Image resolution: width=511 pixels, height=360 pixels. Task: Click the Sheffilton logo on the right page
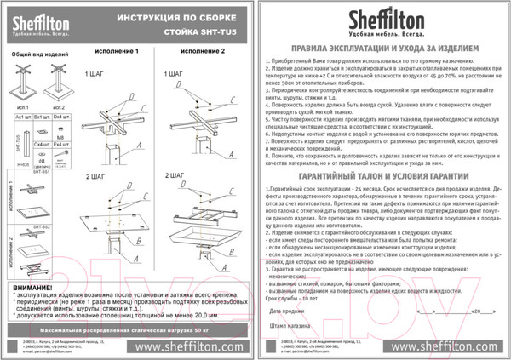click(383, 21)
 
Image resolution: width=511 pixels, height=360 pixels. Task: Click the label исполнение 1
click(118, 52)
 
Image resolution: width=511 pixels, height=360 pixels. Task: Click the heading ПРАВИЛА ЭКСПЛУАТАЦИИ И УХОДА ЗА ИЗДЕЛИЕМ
click(384, 50)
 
